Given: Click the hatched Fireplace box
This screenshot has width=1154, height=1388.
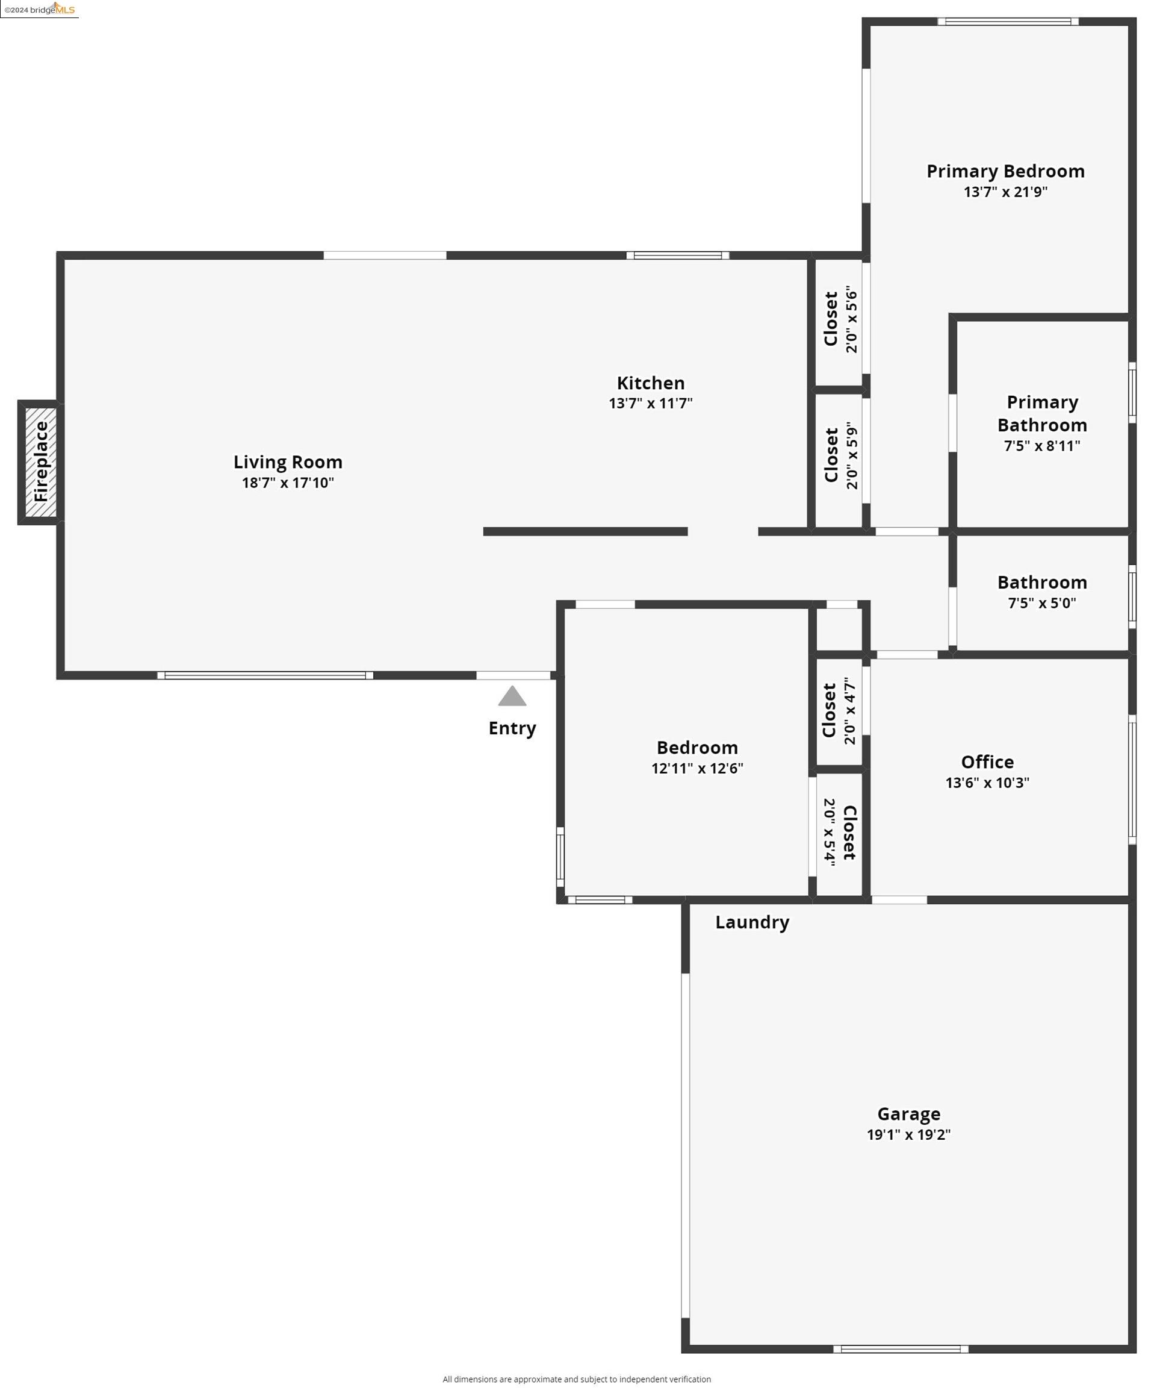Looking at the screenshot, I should [x=41, y=462].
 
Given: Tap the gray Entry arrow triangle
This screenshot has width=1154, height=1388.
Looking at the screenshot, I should [x=512, y=696].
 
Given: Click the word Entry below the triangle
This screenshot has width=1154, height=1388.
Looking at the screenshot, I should [x=512, y=728].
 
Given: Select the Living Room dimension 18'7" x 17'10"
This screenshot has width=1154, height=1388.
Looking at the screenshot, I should [x=288, y=483].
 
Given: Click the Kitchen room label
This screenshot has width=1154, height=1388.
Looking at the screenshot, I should [x=651, y=383].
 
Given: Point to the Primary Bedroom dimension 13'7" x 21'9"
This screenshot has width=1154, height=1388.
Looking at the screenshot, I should [x=1005, y=192].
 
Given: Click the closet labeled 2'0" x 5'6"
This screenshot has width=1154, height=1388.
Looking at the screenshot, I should [x=840, y=319].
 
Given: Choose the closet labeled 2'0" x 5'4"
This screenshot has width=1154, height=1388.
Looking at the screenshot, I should [x=840, y=832].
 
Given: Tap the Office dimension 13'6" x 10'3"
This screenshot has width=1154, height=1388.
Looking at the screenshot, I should [x=987, y=783].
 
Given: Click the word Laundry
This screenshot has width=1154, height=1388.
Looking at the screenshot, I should [x=752, y=922].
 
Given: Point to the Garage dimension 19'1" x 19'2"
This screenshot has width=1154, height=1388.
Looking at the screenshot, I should [x=908, y=1134].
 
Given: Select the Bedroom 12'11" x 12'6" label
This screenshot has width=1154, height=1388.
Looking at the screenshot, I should [x=697, y=757].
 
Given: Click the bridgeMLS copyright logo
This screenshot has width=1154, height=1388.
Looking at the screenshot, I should [x=40, y=9].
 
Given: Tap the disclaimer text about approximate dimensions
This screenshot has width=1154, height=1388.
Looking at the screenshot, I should [x=576, y=1379].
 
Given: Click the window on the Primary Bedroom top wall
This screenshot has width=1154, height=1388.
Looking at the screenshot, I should [x=1007, y=22].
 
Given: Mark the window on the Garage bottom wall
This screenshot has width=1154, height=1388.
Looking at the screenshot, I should [x=901, y=1349].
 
